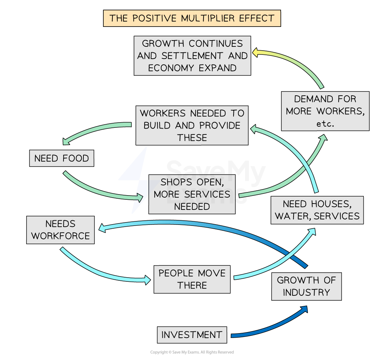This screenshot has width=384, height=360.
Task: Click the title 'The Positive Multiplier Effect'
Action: click(192, 18)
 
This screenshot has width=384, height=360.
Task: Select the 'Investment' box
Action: click(192, 335)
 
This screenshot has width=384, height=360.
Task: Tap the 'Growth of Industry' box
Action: click(306, 286)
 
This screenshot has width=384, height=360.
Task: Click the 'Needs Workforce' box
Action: click(60, 230)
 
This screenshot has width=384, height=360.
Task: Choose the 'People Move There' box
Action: click(192, 279)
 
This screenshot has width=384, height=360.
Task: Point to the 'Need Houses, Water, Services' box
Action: click(317, 210)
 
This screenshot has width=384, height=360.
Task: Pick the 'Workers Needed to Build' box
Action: click(192, 125)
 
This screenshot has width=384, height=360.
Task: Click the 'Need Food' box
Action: click(61, 159)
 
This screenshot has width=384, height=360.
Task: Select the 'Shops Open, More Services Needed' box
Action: click(192, 194)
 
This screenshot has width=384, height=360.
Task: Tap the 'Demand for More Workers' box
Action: click(325, 111)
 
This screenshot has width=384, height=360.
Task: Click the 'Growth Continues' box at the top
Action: click(192, 56)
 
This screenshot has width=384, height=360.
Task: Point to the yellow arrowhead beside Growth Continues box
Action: click(256, 52)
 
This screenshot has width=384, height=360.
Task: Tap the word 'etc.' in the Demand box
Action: click(325, 124)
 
